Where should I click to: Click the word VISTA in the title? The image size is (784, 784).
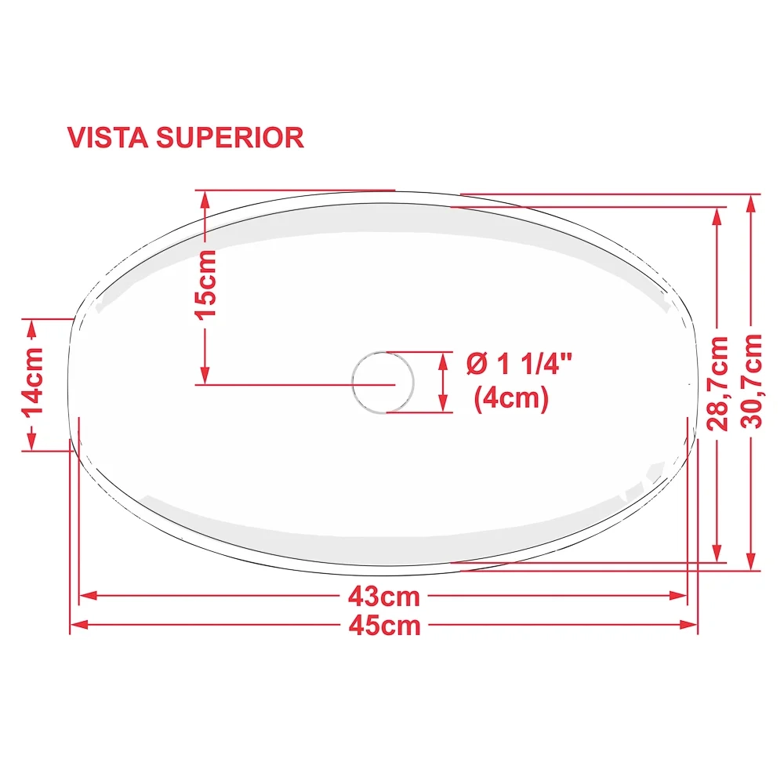[x=107, y=137]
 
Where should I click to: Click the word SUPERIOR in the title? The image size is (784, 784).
[x=230, y=137]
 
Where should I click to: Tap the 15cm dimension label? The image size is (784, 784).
[x=205, y=285]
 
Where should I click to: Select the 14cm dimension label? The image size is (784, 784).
[x=32, y=382]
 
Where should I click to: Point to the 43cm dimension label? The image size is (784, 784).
[x=384, y=597]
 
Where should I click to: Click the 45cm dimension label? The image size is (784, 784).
[x=384, y=626]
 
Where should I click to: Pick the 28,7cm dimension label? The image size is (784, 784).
[x=717, y=383]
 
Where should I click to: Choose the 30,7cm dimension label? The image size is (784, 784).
[x=751, y=382]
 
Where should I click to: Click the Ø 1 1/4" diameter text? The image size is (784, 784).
[x=519, y=364]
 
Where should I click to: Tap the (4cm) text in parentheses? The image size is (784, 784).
[x=511, y=398]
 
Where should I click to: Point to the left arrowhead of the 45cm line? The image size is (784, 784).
[x=79, y=625]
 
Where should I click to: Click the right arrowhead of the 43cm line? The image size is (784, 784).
[x=678, y=596]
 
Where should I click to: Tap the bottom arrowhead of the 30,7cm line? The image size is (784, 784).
[x=750, y=561]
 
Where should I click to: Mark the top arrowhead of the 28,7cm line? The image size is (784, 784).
[x=717, y=216]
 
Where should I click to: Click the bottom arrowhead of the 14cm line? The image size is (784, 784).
[x=32, y=441]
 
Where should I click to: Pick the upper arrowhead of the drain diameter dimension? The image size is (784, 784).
[x=442, y=361]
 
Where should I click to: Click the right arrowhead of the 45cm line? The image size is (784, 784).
[x=688, y=625]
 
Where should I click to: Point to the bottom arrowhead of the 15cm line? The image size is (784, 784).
[x=205, y=375]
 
